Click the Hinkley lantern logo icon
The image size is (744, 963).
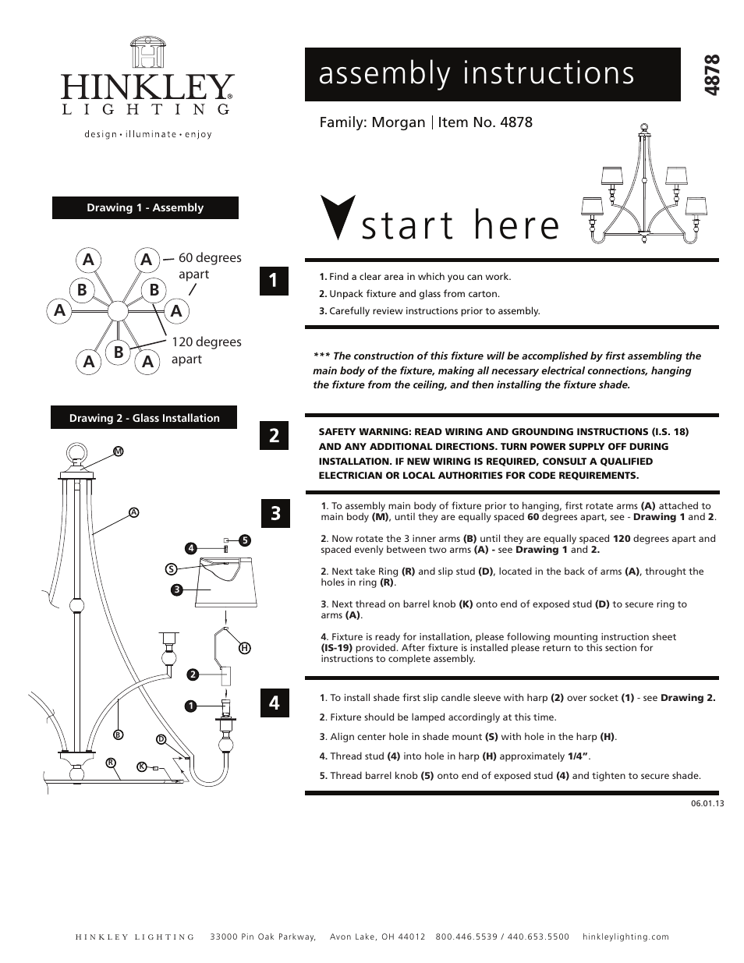coord(147,53)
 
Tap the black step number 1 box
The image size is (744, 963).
coord(274,281)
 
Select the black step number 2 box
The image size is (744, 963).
coord(274,435)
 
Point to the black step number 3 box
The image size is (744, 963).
coord(275,513)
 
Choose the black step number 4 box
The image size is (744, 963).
coord(274,703)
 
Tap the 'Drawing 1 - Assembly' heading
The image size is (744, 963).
coord(145,208)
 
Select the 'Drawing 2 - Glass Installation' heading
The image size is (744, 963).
coord(144,418)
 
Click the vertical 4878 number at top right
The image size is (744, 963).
coord(711,75)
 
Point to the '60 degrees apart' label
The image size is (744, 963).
coord(209,266)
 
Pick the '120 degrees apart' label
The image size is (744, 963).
coord(206,350)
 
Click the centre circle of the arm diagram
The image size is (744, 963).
coord(117,311)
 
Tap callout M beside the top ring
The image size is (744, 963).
coord(119,451)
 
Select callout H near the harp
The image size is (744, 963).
coord(244,648)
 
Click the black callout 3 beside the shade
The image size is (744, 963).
coord(177,589)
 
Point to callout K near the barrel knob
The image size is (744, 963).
coord(141,767)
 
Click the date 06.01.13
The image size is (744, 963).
coord(707,804)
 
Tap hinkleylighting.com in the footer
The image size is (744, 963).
coord(625,937)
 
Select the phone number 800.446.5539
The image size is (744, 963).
coord(465,937)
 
